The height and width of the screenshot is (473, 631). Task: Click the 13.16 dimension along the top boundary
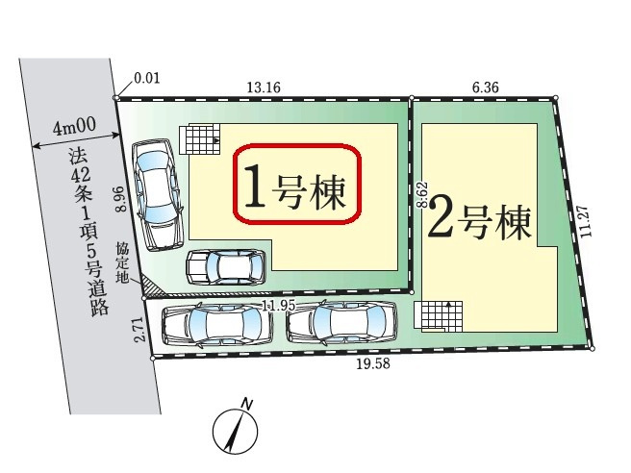pyautogui.click(x=263, y=87)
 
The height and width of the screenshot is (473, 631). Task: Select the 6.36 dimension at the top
pyautogui.click(x=485, y=87)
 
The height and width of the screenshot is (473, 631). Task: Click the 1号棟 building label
pyautogui.click(x=299, y=185)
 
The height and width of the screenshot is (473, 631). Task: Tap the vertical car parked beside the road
pyautogui.click(x=155, y=193)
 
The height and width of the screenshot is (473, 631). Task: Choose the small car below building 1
pyautogui.click(x=225, y=266)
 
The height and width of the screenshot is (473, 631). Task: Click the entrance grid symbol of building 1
pyautogui.click(x=201, y=139)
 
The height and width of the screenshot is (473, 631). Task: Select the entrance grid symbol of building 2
pyautogui.click(x=438, y=314)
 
